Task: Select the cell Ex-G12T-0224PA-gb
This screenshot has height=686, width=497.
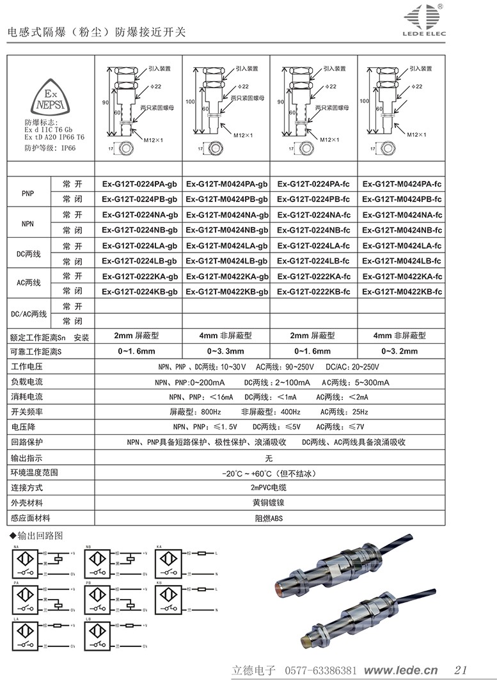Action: (x=139, y=184)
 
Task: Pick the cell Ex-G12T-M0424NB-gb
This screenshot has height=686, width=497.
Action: (x=226, y=230)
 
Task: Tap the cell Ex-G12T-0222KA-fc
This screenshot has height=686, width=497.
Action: (x=313, y=276)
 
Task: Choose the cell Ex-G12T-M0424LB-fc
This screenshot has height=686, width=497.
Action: (x=402, y=260)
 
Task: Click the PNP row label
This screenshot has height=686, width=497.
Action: (x=28, y=192)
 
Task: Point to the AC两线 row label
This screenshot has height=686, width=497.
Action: (x=28, y=283)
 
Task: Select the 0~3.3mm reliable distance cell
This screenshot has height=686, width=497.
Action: (x=226, y=351)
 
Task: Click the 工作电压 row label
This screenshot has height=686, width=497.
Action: (x=26, y=367)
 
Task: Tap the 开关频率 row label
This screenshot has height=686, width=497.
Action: (x=26, y=412)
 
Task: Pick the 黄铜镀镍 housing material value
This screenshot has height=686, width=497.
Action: (x=269, y=503)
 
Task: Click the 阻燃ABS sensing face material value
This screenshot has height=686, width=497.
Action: (x=269, y=518)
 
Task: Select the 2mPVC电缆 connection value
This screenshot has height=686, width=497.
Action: (x=269, y=488)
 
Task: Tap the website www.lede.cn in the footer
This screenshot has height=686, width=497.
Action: (x=400, y=670)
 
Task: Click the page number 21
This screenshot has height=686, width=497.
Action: (x=460, y=670)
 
